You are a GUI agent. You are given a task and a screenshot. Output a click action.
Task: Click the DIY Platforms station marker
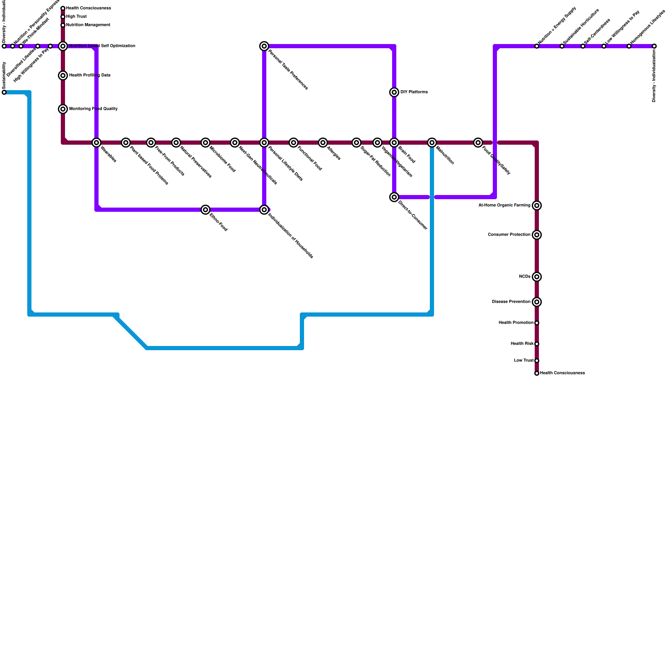(x=394, y=92)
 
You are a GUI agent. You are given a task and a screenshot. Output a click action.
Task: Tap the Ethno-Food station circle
(x=205, y=210)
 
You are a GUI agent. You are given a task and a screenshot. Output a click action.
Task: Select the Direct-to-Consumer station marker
(x=394, y=197)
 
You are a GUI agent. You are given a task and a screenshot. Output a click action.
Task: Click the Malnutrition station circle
(x=432, y=143)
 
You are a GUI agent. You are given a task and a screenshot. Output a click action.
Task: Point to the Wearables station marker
(x=96, y=143)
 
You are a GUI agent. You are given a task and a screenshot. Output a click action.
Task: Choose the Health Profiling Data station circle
(x=63, y=75)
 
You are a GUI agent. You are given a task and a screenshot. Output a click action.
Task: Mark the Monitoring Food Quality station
(x=63, y=109)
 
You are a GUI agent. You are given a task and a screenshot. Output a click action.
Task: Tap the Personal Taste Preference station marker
(x=264, y=46)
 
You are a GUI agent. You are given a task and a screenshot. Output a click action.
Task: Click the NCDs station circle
(x=537, y=277)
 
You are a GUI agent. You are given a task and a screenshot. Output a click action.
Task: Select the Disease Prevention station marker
(x=537, y=302)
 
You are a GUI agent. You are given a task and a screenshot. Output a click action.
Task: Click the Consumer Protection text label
(x=509, y=235)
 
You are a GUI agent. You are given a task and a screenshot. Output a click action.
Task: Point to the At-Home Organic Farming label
(x=504, y=205)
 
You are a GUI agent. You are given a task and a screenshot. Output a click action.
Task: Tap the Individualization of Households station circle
(x=264, y=210)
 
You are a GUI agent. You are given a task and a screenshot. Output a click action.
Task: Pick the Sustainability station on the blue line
(x=4, y=92)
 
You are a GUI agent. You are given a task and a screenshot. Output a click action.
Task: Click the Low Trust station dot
(x=537, y=361)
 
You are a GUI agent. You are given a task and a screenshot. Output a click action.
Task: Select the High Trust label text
(x=76, y=17)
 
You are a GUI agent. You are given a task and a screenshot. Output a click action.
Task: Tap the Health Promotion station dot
(x=537, y=323)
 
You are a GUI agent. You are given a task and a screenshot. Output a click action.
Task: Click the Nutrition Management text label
(x=88, y=25)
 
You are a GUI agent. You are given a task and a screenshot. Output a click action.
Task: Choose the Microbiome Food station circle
(x=205, y=143)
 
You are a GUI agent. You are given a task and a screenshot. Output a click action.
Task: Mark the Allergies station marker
(x=323, y=143)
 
